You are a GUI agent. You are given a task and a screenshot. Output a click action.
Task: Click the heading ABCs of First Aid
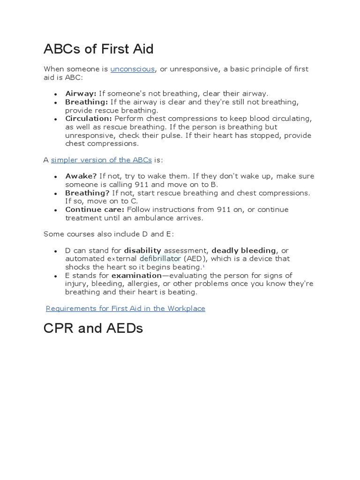pos(98,49)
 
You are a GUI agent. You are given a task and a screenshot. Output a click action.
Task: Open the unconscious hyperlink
pos(133,69)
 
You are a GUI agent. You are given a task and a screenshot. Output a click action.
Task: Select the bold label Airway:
pos(81,94)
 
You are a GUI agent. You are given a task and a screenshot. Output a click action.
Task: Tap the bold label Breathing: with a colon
pos(87,102)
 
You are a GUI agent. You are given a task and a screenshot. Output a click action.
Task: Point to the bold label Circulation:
pos(89,119)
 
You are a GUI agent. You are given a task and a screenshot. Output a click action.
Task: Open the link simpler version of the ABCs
pos(101,160)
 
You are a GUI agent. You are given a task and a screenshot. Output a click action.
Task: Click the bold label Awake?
pos(81,176)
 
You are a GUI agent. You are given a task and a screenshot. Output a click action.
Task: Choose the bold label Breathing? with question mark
pos(87,193)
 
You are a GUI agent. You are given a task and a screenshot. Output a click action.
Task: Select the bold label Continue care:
pos(95,210)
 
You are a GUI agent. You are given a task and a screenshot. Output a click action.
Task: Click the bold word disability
pos(142,251)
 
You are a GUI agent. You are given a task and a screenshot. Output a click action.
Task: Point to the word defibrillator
pos(160,259)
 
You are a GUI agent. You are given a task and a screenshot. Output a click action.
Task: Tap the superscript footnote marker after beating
pos(204,266)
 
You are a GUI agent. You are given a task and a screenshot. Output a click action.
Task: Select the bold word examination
pos(136,276)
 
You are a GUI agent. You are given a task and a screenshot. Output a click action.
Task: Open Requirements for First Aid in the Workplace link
pos(126,308)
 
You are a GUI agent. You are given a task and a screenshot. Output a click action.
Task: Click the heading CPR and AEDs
pos(93,328)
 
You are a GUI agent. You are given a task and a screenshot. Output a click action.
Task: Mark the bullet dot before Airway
pos(56,94)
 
